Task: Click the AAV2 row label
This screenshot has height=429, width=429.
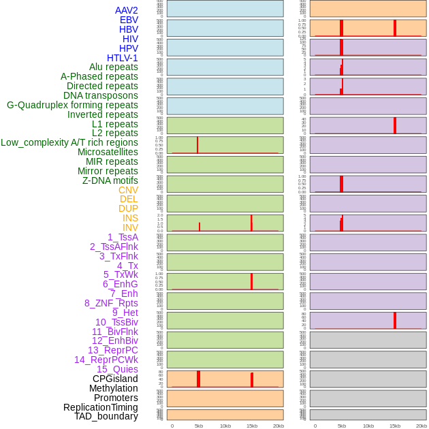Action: click(x=126, y=10)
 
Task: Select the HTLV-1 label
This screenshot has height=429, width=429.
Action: click(x=122, y=58)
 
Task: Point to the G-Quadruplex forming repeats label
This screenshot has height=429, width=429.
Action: click(x=72, y=105)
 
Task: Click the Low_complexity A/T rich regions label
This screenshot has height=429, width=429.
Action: click(x=69, y=142)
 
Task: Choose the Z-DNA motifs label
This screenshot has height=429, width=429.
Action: click(x=110, y=180)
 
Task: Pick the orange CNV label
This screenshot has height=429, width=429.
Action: click(x=128, y=190)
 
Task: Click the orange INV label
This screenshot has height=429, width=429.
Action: click(x=130, y=227)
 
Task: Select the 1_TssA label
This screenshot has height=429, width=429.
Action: click(x=123, y=237)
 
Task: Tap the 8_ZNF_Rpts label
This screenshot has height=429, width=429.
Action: click(x=111, y=303)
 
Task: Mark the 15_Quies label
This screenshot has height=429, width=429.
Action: click(x=117, y=369)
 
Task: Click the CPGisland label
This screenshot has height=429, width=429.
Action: click(x=115, y=379)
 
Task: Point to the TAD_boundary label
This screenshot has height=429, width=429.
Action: click(x=106, y=416)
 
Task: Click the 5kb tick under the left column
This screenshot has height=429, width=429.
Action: click(x=199, y=426)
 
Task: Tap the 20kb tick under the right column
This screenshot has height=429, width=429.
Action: click(x=422, y=426)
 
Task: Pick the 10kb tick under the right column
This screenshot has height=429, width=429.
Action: click(x=368, y=426)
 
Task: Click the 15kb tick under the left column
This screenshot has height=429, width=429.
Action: click(x=252, y=426)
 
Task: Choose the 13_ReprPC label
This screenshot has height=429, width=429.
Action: click(x=112, y=350)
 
